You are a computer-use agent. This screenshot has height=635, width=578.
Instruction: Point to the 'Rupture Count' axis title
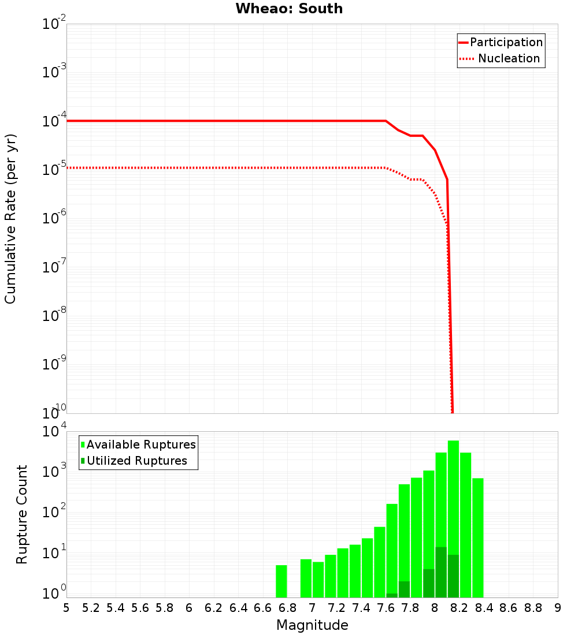click(x=22, y=514)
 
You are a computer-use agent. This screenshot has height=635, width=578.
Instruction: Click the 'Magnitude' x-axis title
click(x=312, y=625)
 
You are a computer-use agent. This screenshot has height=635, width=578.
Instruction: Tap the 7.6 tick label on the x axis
click(x=386, y=608)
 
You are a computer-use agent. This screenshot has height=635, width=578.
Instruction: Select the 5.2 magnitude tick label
click(x=91, y=608)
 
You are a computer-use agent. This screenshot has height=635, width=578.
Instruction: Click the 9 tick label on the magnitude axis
click(x=557, y=608)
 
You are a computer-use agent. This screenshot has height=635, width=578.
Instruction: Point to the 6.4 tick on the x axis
click(x=239, y=608)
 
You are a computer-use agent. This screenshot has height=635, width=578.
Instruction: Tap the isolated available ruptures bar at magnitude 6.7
click(x=281, y=581)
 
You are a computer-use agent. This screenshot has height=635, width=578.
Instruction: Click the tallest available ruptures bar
click(x=453, y=519)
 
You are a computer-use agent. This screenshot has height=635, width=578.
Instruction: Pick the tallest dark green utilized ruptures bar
click(x=441, y=572)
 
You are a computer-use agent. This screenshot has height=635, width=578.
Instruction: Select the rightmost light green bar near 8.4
click(x=478, y=537)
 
